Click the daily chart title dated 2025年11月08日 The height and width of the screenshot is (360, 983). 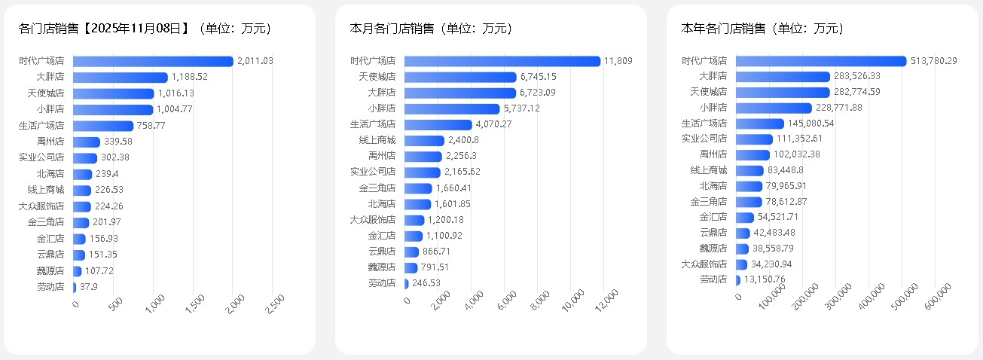[145, 29]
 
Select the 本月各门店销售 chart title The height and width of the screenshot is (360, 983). [431, 29]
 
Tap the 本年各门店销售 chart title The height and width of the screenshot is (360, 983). [762, 29]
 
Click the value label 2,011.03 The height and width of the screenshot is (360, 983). [255, 61]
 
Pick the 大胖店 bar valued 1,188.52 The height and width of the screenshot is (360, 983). [121, 77]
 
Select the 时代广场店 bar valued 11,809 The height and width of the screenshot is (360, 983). [502, 61]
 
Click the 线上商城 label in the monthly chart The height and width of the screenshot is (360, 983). [377, 140]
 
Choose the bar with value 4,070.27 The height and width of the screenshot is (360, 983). [438, 124]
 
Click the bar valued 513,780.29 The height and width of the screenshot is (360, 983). [821, 61]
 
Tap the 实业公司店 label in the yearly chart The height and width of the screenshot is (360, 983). [704, 139]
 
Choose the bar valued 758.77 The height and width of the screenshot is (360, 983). [103, 126]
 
